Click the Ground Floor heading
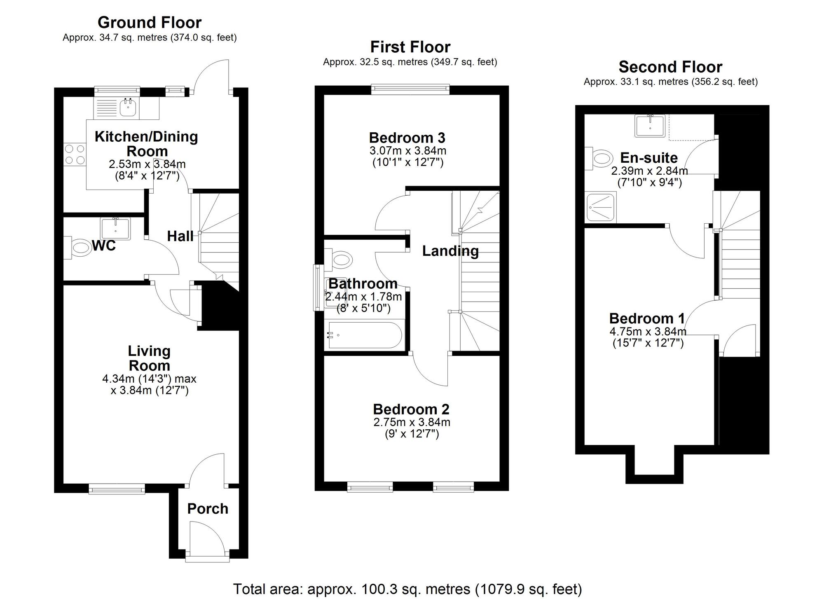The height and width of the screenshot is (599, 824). coord(150,22)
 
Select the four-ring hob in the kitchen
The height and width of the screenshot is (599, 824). coord(75,154)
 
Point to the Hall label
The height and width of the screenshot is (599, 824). coord(180,236)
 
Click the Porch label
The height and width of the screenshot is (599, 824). coord(208,508)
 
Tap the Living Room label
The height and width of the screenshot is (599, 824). coord(149,358)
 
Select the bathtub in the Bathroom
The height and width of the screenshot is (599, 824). coord(365,335)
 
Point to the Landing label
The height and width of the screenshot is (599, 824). coord(450,251)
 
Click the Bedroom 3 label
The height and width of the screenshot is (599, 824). coord(407,138)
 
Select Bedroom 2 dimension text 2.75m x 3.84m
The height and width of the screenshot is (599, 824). coord(412,422)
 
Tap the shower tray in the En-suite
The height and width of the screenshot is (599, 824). coord(602,208)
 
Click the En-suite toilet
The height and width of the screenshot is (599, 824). coord(599,159)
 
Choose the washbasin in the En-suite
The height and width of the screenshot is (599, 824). coord(650,125)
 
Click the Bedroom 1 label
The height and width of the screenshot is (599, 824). coord(647,318)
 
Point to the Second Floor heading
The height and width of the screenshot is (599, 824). coord(670,67)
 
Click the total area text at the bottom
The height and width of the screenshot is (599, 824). coord(407,589)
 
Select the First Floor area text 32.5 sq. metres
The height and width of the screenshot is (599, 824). coord(410,62)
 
